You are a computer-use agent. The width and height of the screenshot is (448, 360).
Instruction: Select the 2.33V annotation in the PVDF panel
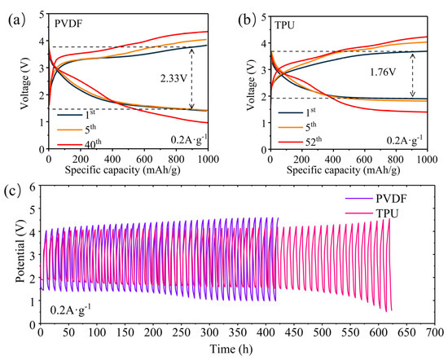click(173, 78)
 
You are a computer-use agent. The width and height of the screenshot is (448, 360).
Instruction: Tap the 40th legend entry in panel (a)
click(80, 143)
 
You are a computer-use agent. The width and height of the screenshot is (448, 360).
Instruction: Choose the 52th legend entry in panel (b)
click(300, 142)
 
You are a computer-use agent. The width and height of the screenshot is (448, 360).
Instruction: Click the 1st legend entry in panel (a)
click(76, 114)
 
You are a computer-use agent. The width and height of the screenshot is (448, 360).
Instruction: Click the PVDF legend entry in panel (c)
click(376, 198)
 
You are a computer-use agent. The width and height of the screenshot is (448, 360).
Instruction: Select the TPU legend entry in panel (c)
click(371, 213)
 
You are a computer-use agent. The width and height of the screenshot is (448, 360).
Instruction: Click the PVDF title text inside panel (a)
click(68, 24)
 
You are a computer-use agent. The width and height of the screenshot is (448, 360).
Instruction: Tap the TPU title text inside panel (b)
click(284, 25)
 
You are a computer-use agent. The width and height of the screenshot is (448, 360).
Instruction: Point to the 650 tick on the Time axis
click(406, 332)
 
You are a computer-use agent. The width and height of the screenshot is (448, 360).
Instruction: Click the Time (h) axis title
click(231, 349)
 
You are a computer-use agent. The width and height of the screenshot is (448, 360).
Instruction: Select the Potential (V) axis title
click(21, 251)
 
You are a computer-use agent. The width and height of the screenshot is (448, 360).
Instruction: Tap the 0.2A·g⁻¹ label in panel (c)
click(71, 310)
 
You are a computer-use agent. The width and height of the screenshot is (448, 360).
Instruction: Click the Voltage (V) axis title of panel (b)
click(251, 85)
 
